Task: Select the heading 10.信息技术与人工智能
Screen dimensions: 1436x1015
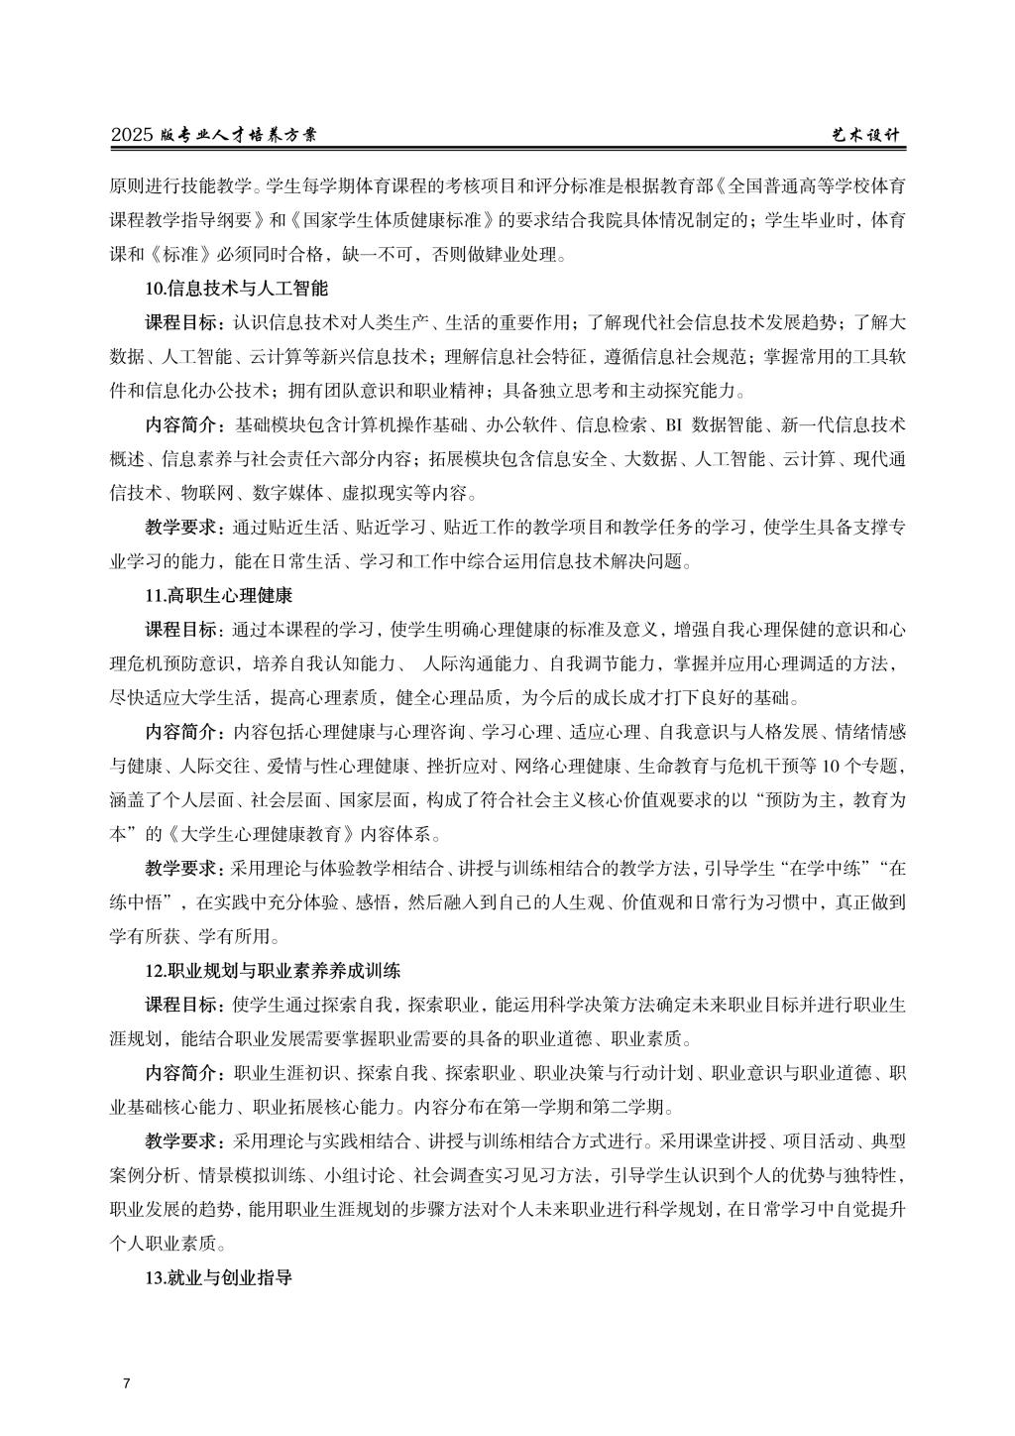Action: (x=236, y=290)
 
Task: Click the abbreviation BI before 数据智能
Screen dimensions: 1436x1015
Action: (x=673, y=426)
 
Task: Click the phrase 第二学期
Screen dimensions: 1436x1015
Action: (x=639, y=1107)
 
